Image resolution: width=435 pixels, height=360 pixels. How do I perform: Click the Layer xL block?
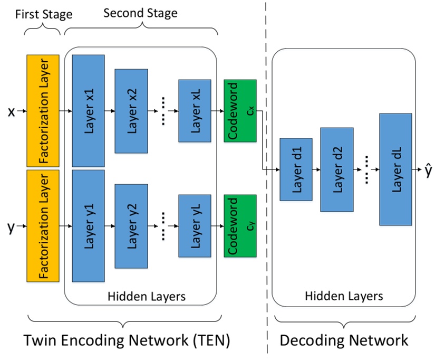(x=195, y=111)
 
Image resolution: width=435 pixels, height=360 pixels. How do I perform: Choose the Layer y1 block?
(x=88, y=226)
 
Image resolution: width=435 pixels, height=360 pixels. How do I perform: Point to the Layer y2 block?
(x=131, y=226)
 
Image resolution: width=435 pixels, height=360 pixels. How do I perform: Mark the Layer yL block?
(x=195, y=226)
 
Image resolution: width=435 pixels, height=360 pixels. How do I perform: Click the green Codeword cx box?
(x=240, y=111)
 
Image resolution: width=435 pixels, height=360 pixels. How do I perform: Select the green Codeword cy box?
(x=240, y=226)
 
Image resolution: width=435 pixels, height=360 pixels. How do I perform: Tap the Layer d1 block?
(x=296, y=169)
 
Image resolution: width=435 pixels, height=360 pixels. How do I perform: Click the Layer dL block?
(x=395, y=169)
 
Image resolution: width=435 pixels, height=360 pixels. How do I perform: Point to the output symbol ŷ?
(x=428, y=169)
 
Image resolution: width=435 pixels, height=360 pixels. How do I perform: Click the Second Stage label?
(x=141, y=13)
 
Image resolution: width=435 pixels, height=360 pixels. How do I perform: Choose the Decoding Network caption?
(x=344, y=340)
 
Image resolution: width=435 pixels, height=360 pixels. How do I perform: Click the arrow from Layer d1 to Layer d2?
(x=316, y=170)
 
